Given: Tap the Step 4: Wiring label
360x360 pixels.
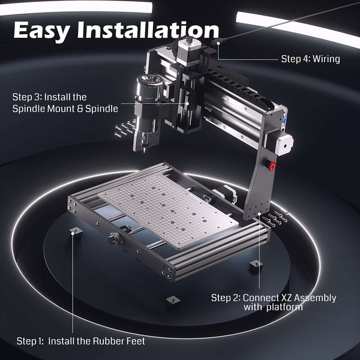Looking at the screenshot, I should click(x=311, y=59).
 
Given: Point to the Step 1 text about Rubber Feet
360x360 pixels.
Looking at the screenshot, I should click(x=80, y=341).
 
